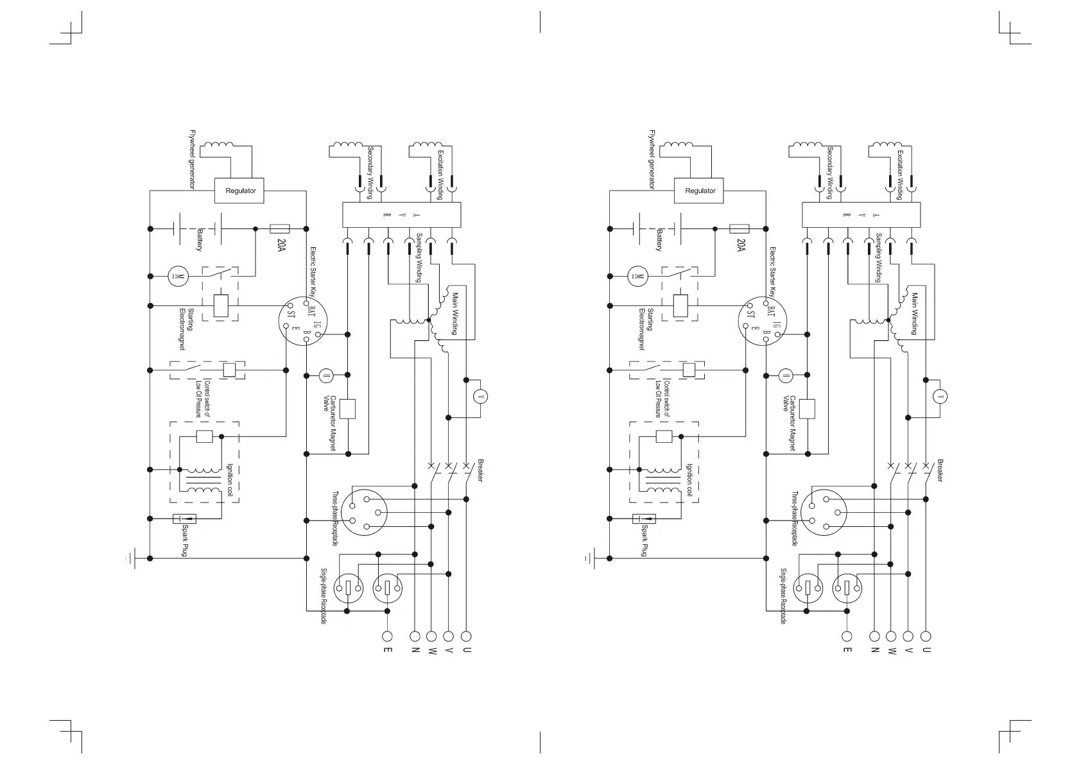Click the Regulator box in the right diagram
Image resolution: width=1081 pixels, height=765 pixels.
pos(700,191)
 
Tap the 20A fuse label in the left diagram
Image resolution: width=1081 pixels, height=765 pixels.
pos(281,246)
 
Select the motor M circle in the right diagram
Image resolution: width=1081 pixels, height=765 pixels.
pos(637,277)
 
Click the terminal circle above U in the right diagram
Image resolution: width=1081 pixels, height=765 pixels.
pos(925,637)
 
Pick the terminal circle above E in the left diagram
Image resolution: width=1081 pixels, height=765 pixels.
pos(387,637)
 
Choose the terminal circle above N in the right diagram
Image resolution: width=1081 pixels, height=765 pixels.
pos(874,637)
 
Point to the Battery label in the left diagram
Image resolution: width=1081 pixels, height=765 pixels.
pos(200,239)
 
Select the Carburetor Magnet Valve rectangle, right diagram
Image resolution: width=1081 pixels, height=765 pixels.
pos(807,409)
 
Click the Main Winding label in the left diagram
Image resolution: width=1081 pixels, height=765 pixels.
pos(455,314)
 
